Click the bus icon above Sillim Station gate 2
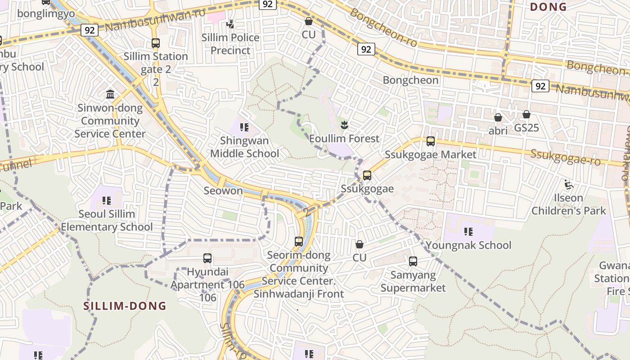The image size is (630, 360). click(155, 43)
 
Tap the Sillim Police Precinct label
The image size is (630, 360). click(230, 44)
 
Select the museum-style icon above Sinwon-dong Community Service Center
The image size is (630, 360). click(110, 94)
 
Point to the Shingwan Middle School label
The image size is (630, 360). click(244, 147)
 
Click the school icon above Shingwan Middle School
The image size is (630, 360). click(244, 127)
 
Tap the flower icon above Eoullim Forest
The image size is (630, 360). click(344, 125)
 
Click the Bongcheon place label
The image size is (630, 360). click(410, 80)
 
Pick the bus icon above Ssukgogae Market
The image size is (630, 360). click(431, 141)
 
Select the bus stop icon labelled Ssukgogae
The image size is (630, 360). click(367, 175)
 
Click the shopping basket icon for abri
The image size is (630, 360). click(498, 117)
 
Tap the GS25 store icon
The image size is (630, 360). click(526, 115)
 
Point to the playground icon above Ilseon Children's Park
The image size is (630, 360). click(569, 184)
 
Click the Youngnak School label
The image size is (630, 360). click(468, 245)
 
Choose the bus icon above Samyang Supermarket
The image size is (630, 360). click(413, 261)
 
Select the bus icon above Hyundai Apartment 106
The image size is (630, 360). click(207, 258)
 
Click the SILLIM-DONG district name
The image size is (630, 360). click(125, 306)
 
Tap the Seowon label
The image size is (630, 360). click(223, 190)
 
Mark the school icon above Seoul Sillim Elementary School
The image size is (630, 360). click(107, 201)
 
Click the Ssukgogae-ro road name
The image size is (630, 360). click(565, 157)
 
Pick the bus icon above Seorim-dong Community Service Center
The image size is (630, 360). click(299, 241)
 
